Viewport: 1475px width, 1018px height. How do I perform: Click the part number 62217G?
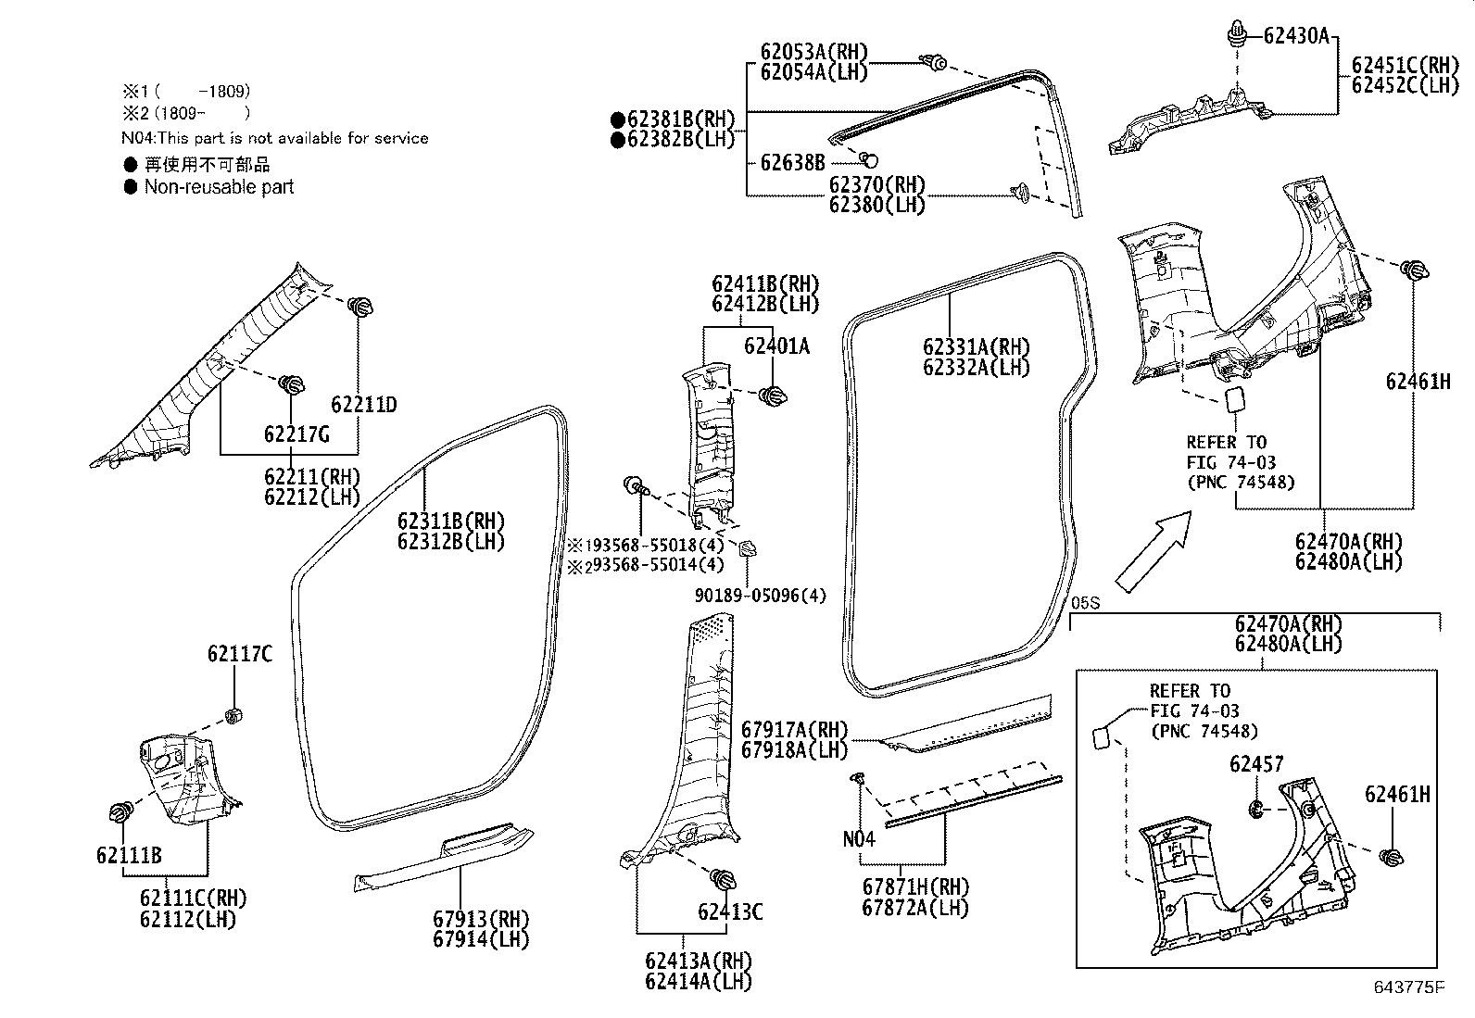296,434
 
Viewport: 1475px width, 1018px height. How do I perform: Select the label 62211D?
363,405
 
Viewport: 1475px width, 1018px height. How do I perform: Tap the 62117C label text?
239,655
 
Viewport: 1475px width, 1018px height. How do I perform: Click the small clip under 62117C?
233,714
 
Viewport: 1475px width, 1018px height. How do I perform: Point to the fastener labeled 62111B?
120,813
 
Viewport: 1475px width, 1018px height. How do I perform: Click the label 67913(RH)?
480,920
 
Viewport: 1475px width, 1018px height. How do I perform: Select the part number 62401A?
775,346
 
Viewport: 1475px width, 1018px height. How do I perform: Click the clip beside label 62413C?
722,878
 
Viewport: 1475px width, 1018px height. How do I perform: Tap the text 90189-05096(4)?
760,596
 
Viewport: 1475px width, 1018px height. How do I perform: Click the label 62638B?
791,163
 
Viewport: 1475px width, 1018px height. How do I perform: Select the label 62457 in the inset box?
1256,764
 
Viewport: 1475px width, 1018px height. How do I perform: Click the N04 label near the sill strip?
859,839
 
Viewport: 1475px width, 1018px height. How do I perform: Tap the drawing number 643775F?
1408,987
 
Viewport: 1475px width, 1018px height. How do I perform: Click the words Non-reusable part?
219,187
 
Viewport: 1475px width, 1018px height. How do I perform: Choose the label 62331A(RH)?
976,347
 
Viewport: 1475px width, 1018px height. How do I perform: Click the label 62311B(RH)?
450,522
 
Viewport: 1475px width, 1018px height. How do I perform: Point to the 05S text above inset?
1084,603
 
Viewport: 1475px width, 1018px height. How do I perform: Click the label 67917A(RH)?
795,730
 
